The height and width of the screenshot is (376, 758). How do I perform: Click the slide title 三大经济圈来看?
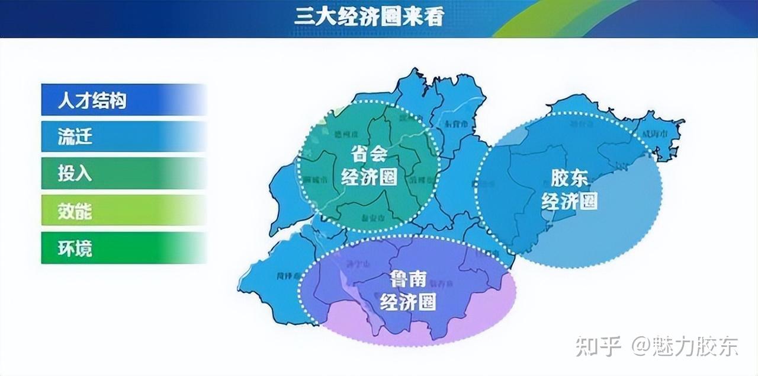coord(368,16)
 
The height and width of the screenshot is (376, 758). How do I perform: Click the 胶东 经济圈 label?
coord(569,189)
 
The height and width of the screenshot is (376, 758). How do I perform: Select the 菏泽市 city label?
coord(289,276)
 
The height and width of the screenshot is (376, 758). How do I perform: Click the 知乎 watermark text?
coord(598,346)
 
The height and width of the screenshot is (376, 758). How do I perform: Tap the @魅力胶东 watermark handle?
coord(685,346)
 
